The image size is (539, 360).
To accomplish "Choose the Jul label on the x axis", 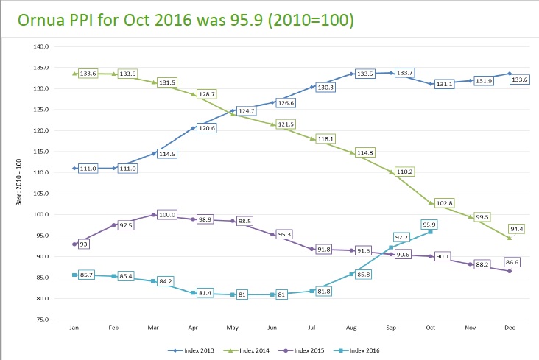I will coord(311,328).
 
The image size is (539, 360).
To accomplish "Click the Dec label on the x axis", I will coord(510,328).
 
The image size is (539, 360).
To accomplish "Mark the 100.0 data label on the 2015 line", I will coord(168,215).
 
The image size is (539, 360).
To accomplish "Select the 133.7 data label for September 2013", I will coord(406,73).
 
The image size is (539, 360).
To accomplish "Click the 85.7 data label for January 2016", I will coord(89,275).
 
